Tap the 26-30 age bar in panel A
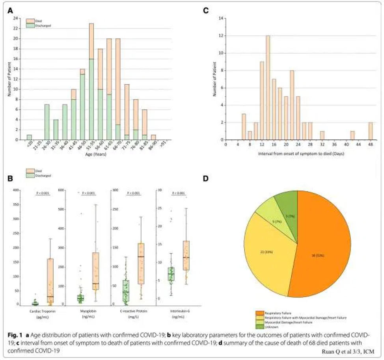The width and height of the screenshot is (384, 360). click(47, 122)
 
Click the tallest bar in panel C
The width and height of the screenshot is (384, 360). click(268, 87)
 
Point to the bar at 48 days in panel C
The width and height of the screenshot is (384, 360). click(371, 131)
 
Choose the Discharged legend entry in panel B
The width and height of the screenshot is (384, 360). click(39, 176)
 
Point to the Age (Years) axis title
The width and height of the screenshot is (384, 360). click(95, 155)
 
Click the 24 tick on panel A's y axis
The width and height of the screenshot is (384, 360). click(16, 18)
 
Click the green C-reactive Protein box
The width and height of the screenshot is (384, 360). click(125, 292)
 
